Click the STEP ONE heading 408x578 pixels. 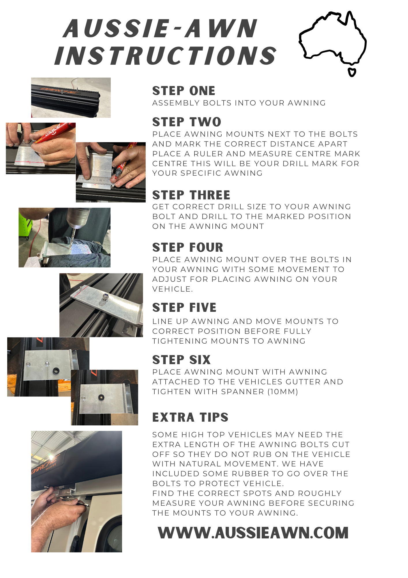pyautogui.click(x=184, y=91)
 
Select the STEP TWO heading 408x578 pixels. pyautogui.click(x=187, y=122)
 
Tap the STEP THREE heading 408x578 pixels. pyautogui.click(x=191, y=195)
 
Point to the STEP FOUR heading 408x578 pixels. pyautogui.click(x=188, y=247)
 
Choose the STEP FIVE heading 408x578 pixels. pyautogui.click(x=184, y=307)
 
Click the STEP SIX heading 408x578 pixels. pyautogui.click(x=181, y=360)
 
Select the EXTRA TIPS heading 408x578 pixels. pyautogui.click(x=190, y=417)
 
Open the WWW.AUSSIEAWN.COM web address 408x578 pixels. pyautogui.click(x=253, y=533)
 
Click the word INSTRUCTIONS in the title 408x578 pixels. pyautogui.click(x=166, y=56)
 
